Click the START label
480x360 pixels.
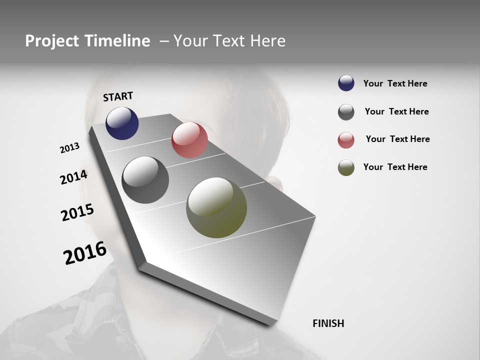[x=118, y=96]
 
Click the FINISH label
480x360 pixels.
[x=328, y=323]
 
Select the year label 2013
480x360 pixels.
[x=69, y=148]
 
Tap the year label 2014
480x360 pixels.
[x=73, y=177]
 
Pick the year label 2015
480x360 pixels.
[x=77, y=212]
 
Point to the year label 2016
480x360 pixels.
[x=85, y=252]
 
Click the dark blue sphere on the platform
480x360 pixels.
[x=122, y=123]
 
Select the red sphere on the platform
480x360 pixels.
[x=189, y=140]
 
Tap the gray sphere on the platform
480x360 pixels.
[x=145, y=180]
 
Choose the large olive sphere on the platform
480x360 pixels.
[x=216, y=207]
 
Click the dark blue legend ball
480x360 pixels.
[x=346, y=83]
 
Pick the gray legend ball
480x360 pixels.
[x=346, y=112]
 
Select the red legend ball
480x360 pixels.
[x=346, y=140]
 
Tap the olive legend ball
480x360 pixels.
[x=346, y=167]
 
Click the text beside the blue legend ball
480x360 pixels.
[x=395, y=84]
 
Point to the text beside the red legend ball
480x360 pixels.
[x=397, y=139]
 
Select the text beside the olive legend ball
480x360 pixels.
[x=395, y=167]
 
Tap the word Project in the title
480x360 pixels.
[x=51, y=41]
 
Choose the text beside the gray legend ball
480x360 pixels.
[x=396, y=111]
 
